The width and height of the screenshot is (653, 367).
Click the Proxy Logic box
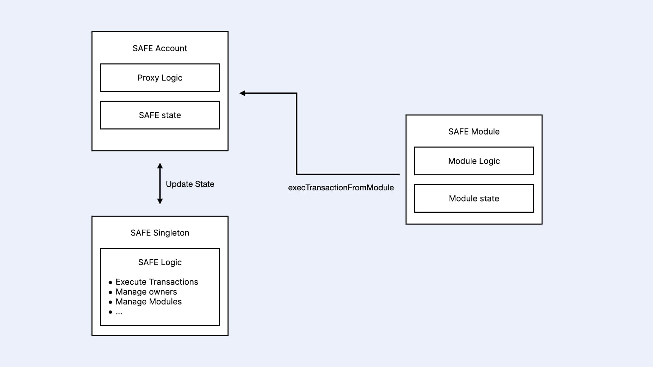click(x=160, y=78)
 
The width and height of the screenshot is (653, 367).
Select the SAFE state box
click(x=160, y=115)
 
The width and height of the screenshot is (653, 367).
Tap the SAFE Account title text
click(x=160, y=48)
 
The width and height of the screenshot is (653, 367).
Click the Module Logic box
click(x=474, y=161)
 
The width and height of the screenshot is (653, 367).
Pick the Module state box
click(x=474, y=198)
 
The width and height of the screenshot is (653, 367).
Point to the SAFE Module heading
click(x=474, y=132)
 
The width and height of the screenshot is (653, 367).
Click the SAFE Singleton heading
click(x=160, y=233)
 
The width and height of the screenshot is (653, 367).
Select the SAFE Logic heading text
click(x=160, y=262)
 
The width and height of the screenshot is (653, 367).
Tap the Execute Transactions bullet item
click(x=156, y=282)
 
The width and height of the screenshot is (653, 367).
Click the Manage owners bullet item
click(x=146, y=292)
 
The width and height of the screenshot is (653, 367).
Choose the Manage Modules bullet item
click(x=149, y=302)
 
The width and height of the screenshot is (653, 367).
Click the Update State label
click(x=190, y=184)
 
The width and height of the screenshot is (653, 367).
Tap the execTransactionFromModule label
click(x=341, y=188)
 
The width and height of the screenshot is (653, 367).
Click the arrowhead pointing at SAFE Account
click(x=242, y=93)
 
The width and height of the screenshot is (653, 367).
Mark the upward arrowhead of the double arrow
click(x=160, y=166)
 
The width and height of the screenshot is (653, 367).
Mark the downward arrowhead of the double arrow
click(x=160, y=201)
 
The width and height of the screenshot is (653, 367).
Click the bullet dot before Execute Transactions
click(x=110, y=282)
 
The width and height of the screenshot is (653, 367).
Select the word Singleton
click(x=171, y=233)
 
